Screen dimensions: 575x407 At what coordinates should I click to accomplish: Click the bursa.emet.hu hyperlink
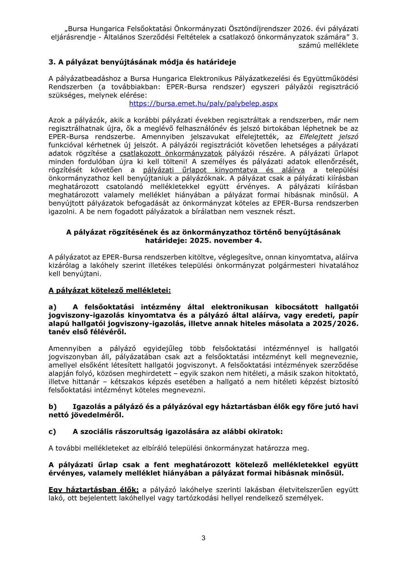(203, 104)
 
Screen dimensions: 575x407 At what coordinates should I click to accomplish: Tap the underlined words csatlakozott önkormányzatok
(171, 154)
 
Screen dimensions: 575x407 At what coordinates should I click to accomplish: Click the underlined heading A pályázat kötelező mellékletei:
(110, 290)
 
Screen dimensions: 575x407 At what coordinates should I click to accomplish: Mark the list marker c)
(53, 432)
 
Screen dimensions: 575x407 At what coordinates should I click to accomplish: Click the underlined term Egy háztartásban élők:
(94, 490)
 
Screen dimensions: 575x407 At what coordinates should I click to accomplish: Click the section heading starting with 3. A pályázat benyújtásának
(142, 62)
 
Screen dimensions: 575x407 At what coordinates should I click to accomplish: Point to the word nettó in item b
(58, 415)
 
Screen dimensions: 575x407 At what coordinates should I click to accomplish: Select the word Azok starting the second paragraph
(56, 120)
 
